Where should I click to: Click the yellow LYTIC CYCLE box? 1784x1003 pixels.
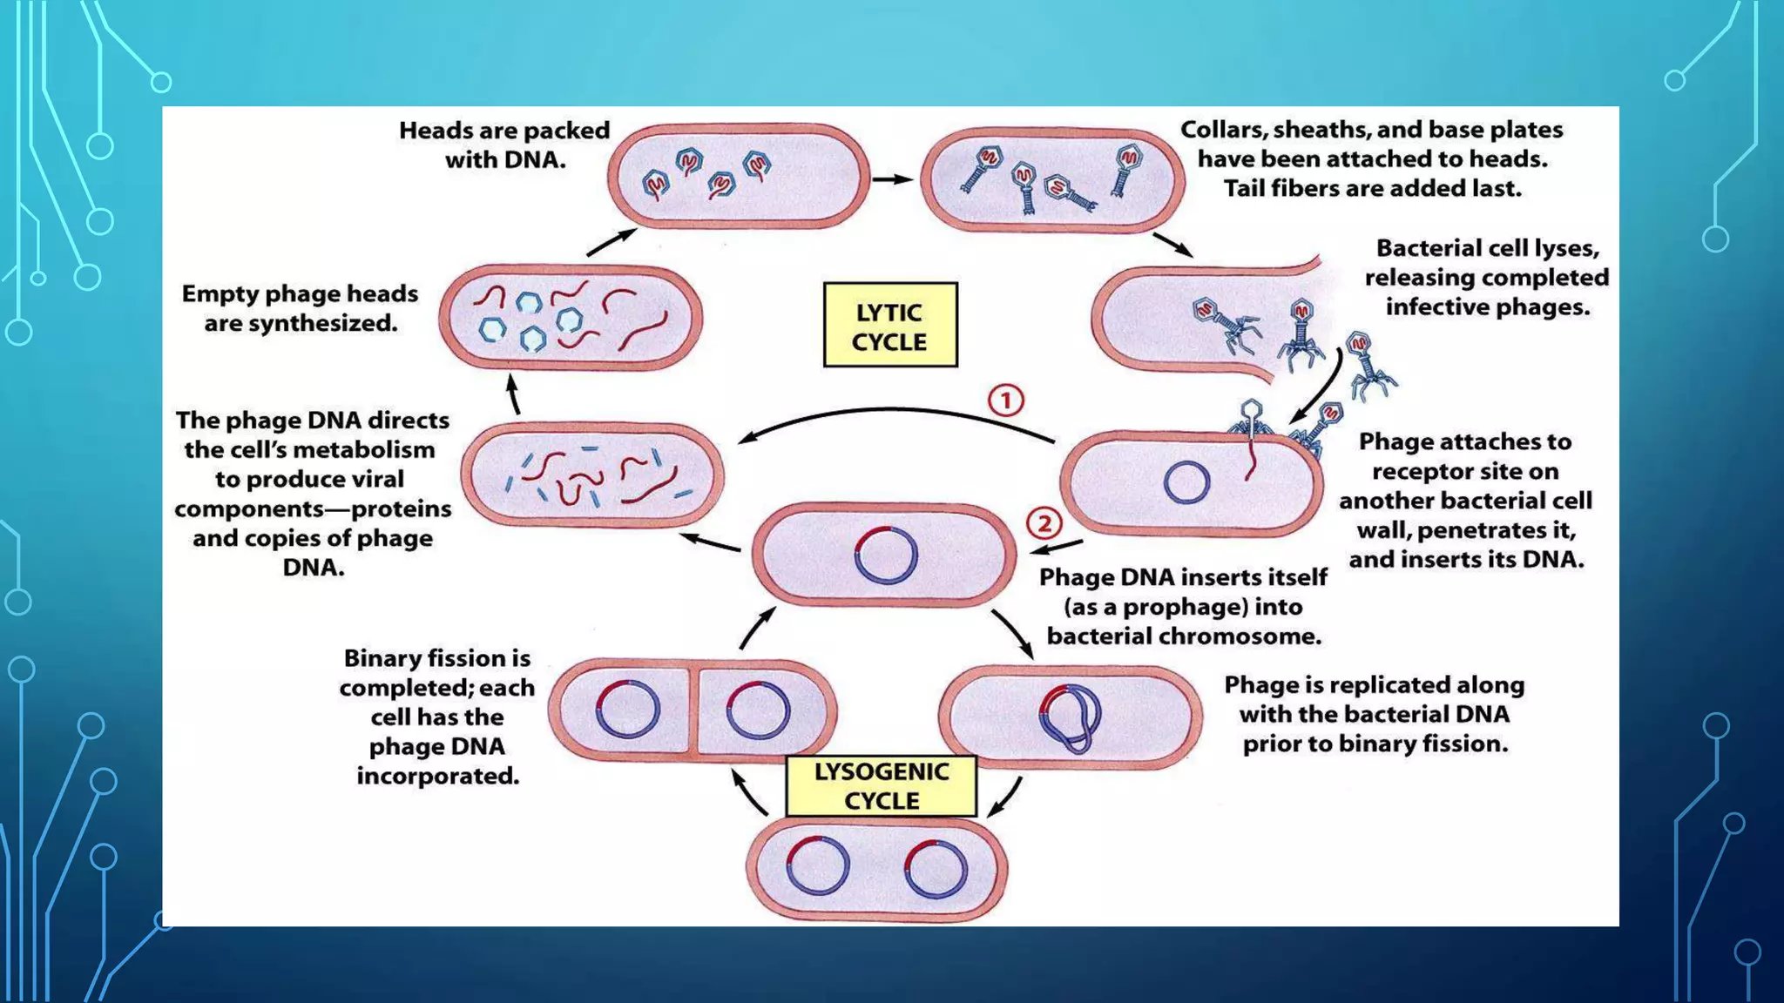tap(889, 325)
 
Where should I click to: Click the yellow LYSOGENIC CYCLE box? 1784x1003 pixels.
tap(881, 786)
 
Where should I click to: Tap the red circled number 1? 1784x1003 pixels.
tap(1005, 401)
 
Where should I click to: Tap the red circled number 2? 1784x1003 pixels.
tap(1044, 523)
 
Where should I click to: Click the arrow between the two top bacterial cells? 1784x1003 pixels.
tap(892, 179)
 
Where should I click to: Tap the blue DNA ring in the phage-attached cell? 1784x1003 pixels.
tap(1186, 482)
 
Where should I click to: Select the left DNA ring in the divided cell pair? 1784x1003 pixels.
tap(628, 710)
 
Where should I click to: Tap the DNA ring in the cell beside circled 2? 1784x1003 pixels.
tap(886, 555)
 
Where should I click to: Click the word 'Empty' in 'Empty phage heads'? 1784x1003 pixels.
tap(219, 294)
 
